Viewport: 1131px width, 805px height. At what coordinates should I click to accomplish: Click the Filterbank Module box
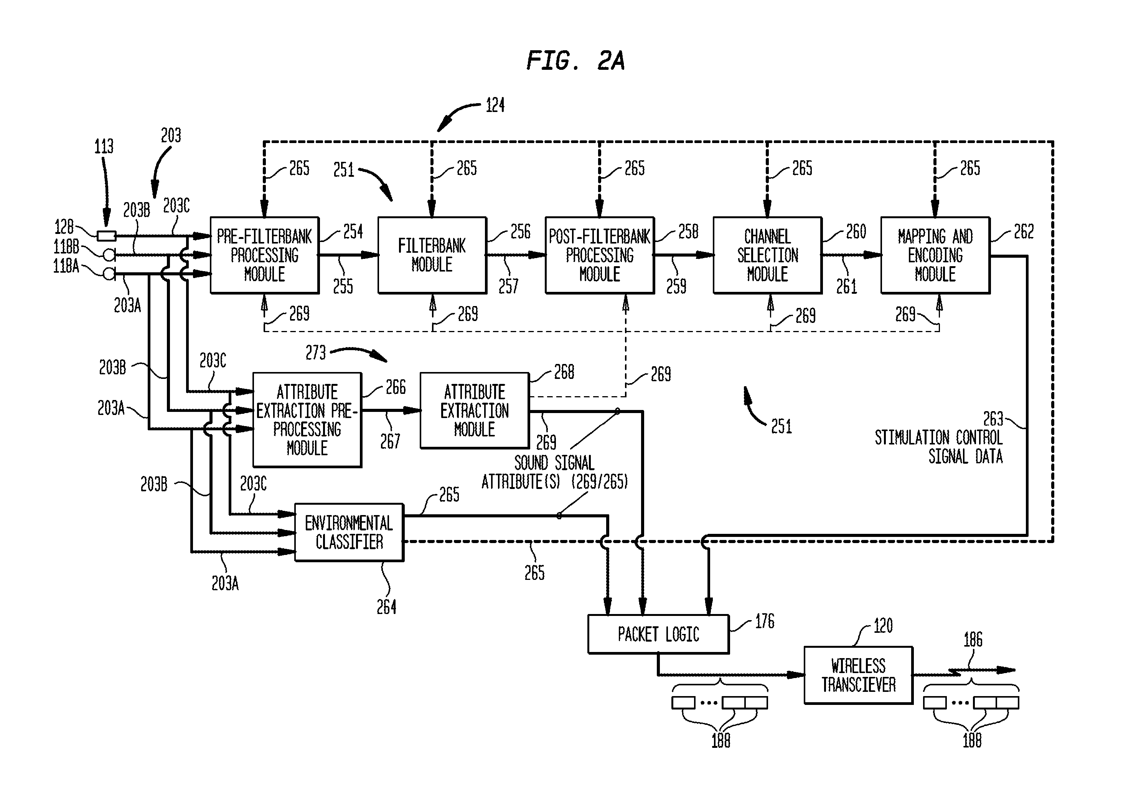pyautogui.click(x=432, y=255)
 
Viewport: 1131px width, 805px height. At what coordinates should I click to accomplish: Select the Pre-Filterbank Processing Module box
pyautogui.click(x=264, y=255)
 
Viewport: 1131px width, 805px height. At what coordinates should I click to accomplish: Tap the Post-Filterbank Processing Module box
pyautogui.click(x=600, y=255)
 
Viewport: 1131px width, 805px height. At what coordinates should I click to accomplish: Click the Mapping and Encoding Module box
pyautogui.click(x=935, y=255)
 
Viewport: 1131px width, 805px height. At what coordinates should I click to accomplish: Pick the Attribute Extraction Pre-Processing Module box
pyautogui.click(x=307, y=419)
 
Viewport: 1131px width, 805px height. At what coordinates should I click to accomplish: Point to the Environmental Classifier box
pyautogui.click(x=349, y=532)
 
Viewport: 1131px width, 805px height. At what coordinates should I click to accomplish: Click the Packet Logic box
pyautogui.click(x=658, y=634)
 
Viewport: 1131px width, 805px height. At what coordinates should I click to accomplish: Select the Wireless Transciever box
pyautogui.click(x=858, y=675)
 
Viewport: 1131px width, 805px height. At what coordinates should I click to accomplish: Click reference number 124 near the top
pyautogui.click(x=495, y=105)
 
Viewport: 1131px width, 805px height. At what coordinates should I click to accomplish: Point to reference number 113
pyautogui.click(x=104, y=146)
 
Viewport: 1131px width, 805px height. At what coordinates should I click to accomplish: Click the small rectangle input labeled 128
pyautogui.click(x=107, y=236)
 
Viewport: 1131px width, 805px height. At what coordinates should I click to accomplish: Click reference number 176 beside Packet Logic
pyautogui.click(x=765, y=621)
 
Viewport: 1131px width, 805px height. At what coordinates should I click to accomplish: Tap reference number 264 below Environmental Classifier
pyautogui.click(x=386, y=607)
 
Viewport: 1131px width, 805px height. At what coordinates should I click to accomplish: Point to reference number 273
pyautogui.click(x=315, y=352)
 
